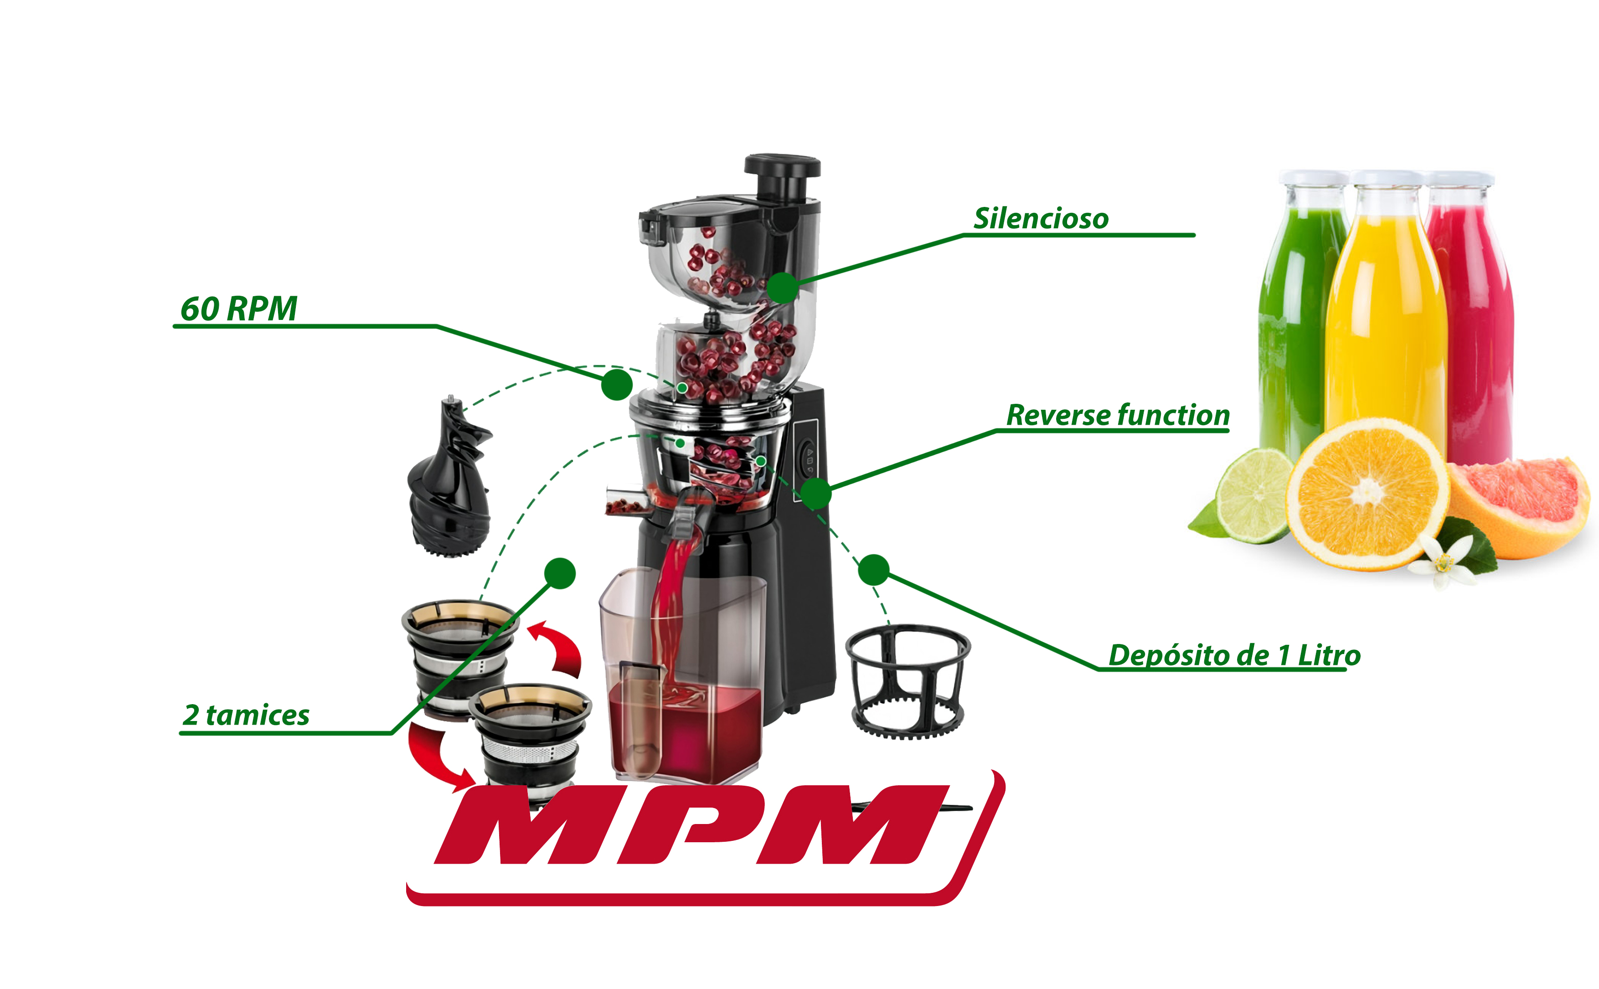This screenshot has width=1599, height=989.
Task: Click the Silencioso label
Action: coord(1041,218)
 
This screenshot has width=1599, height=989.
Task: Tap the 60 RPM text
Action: coord(239,308)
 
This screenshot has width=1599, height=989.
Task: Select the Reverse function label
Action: coord(1118,415)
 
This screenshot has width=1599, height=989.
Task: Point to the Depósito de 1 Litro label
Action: coord(1234,655)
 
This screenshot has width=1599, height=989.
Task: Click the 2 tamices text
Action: coord(246,715)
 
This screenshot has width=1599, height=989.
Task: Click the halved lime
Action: coord(1253,496)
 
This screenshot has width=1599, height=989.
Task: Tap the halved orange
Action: coord(1367,494)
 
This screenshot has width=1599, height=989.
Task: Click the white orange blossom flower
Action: coord(1444,561)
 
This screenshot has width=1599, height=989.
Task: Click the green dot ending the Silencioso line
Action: coord(782,288)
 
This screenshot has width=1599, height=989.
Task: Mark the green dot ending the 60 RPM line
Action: coord(617,384)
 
